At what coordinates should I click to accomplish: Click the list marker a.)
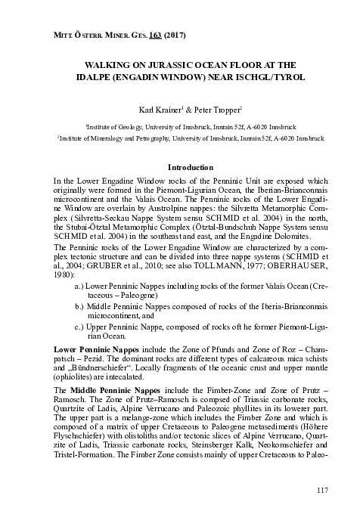(79, 308)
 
